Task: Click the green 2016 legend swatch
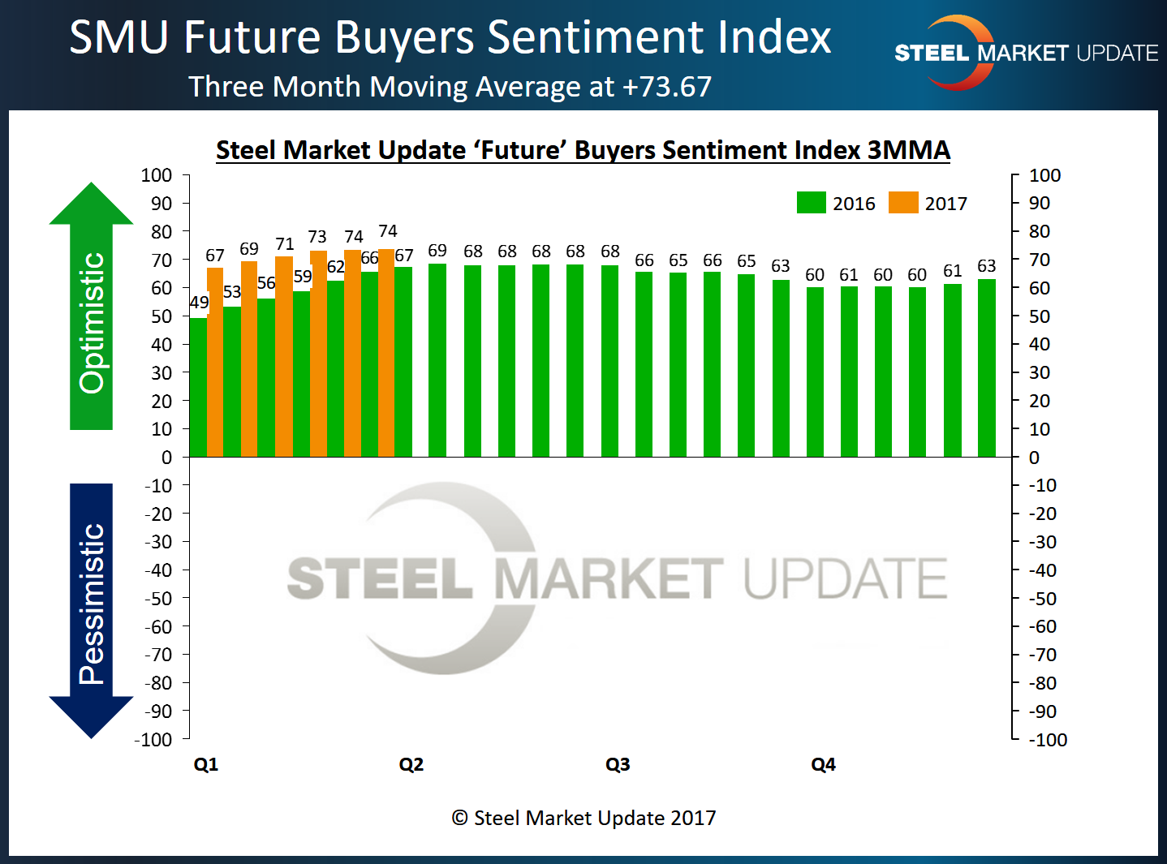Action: [811, 203]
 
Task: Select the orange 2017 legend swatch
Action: [903, 203]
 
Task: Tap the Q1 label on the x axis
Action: [206, 764]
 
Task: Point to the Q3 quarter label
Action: [618, 764]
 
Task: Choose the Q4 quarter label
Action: [823, 764]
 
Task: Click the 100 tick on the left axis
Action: [157, 175]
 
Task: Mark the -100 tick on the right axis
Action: [1048, 740]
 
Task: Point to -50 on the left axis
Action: [158, 599]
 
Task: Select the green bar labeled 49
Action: [197, 387]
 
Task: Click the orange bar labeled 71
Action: [284, 357]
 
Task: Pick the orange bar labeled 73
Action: [318, 354]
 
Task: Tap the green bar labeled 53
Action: [232, 381]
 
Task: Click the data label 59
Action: [303, 277]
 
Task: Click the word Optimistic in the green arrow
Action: [92, 323]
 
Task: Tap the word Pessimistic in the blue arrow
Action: [92, 604]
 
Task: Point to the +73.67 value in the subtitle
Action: [667, 87]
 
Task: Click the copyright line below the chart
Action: [583, 818]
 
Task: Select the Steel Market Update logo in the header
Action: [1026, 53]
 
